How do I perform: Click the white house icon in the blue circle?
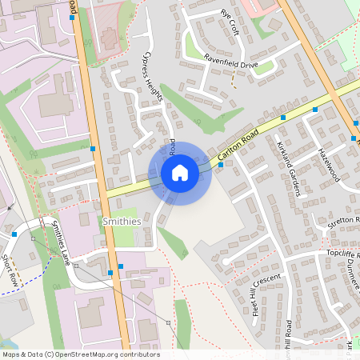(x=180, y=173)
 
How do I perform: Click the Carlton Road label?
(x=238, y=143)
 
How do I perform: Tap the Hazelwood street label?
(x=329, y=165)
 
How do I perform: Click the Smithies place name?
(x=122, y=220)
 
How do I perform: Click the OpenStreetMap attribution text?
(x=81, y=354)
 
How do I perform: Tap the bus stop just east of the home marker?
(x=221, y=164)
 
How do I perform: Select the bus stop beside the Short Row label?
(x=15, y=234)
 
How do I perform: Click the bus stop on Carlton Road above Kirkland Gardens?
(x=283, y=118)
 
